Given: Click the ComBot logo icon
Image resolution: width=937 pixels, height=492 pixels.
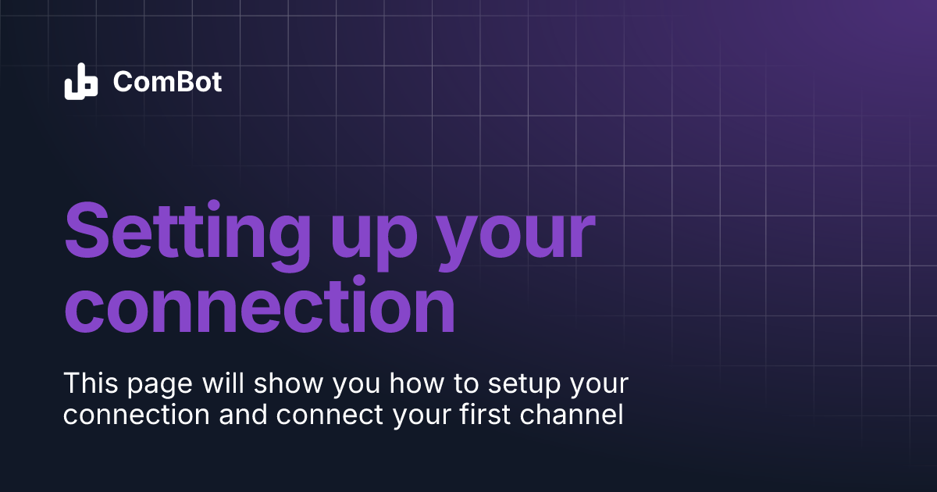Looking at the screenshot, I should click(x=80, y=81).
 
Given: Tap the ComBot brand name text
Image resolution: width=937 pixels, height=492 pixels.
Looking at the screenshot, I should click(x=167, y=81).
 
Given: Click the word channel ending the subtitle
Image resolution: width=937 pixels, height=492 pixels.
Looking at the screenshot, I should click(x=573, y=415).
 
